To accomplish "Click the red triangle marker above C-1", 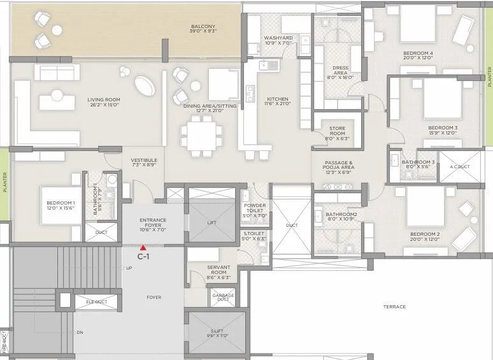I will coord(144,247).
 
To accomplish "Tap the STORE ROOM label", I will coord(336,131).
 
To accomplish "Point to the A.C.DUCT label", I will coord(460,167).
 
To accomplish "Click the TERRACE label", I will coord(394,307).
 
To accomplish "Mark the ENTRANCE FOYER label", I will coord(153,223).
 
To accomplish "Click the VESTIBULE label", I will coord(144,162).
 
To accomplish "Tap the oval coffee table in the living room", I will coord(143,84).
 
